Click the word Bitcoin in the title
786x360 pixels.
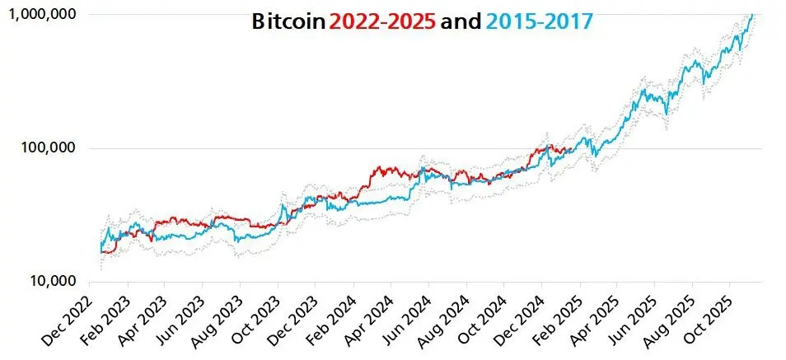pos(288,22)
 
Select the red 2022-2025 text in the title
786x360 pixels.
pos(382,22)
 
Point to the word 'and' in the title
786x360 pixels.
pos(461,22)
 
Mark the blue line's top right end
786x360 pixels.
pos(751,14)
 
